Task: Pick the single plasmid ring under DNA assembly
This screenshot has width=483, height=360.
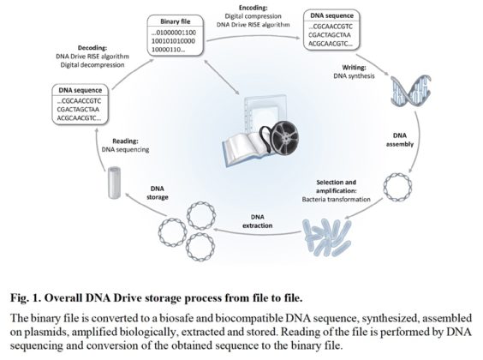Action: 397,183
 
